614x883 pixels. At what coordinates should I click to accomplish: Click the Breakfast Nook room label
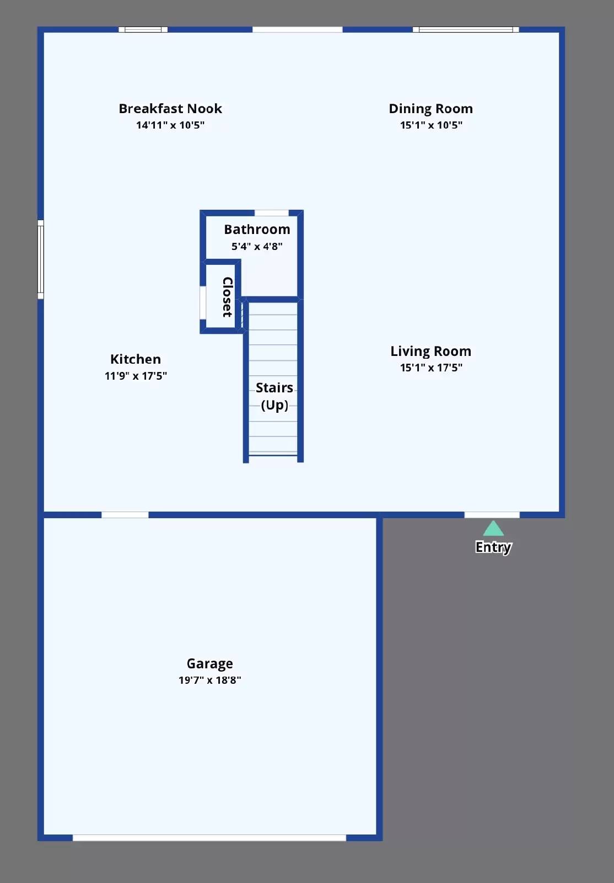click(x=170, y=109)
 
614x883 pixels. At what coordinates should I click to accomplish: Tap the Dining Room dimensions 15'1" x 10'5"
click(x=431, y=125)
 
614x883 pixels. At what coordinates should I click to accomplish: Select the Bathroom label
click(x=257, y=230)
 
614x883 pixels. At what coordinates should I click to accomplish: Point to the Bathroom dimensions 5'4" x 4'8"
click(x=257, y=247)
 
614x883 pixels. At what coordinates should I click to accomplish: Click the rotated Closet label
click(x=227, y=297)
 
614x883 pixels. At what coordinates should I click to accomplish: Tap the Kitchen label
click(x=136, y=359)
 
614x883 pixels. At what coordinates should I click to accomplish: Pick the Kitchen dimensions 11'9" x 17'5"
click(x=136, y=376)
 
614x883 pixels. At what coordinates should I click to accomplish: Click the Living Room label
click(x=430, y=352)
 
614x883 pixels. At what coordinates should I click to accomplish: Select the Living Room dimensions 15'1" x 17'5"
click(x=431, y=368)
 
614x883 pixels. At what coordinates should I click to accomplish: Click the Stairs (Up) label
click(x=274, y=396)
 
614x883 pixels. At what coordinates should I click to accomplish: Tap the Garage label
click(x=209, y=663)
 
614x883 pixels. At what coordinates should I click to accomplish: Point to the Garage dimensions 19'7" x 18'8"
click(x=209, y=680)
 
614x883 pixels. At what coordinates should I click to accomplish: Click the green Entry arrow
click(x=493, y=529)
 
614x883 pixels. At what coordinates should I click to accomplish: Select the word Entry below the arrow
click(x=493, y=547)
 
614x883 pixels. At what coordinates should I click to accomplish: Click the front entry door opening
click(x=492, y=515)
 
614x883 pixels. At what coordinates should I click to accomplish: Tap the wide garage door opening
click(x=209, y=838)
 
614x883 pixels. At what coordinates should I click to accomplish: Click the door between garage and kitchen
click(x=125, y=515)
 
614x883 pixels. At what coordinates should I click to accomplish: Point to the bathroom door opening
click(x=271, y=213)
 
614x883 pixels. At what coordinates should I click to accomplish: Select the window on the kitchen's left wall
click(x=40, y=259)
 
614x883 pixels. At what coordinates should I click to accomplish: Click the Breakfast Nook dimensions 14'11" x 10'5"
click(x=170, y=125)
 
